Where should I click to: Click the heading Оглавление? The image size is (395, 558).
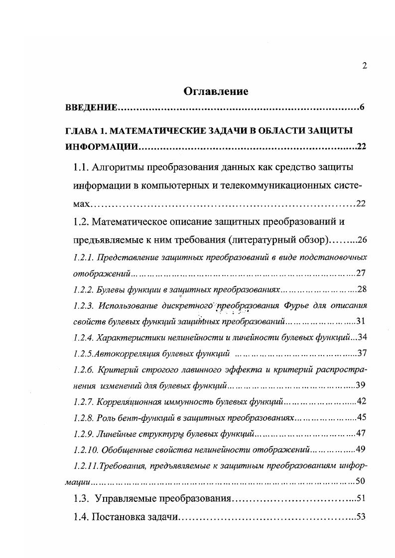pyautogui.click(x=216, y=91)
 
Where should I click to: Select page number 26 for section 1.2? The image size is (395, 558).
pyautogui.click(x=362, y=240)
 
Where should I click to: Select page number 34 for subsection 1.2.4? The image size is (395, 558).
pyautogui.click(x=362, y=338)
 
